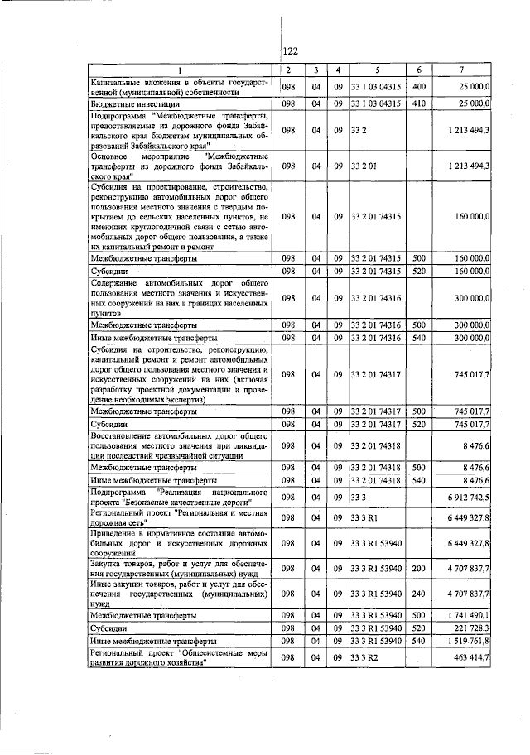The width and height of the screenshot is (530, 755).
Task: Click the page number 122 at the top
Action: click(290, 51)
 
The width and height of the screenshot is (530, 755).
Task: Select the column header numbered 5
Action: click(376, 70)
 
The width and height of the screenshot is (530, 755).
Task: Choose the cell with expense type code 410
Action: click(418, 103)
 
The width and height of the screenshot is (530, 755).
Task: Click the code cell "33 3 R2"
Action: click(365, 656)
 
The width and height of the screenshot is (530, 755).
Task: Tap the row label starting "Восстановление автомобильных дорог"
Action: click(179, 446)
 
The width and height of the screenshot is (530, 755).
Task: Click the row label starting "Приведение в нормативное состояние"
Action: click(179, 543)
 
